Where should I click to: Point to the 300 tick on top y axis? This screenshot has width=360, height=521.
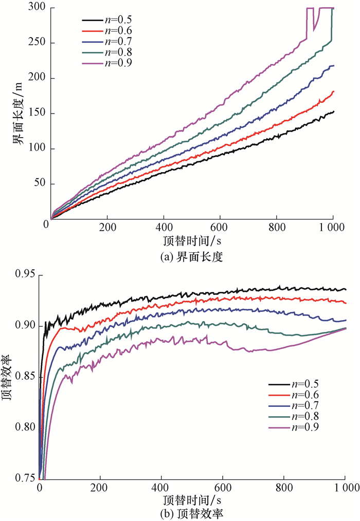(36, 8)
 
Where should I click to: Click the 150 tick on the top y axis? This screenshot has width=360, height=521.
(36, 114)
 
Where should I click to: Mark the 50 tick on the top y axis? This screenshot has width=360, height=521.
(39, 184)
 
